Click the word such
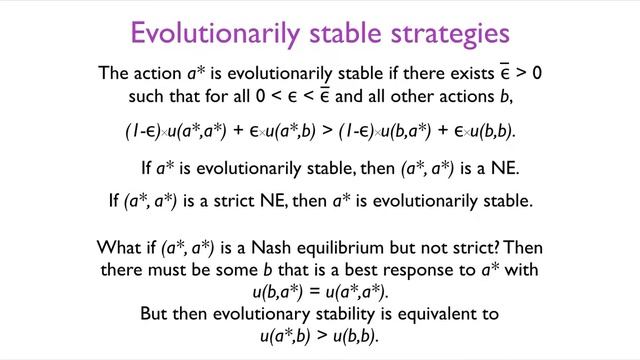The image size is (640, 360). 146,98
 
